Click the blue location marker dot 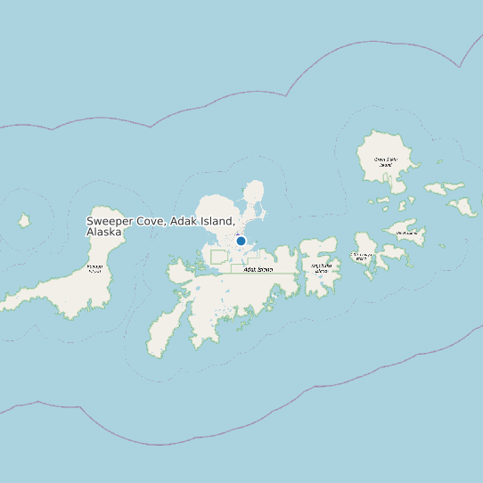[x=241, y=241]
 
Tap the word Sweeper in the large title [x=109, y=221]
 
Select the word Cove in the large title [x=151, y=221]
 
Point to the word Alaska [x=104, y=232]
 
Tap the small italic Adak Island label [x=258, y=268]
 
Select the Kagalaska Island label [x=321, y=266]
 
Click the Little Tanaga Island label [x=361, y=257]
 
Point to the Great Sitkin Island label [x=385, y=161]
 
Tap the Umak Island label [x=406, y=233]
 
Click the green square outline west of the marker [x=218, y=257]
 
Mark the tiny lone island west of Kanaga [x=25, y=220]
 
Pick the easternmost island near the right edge [x=463, y=207]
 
